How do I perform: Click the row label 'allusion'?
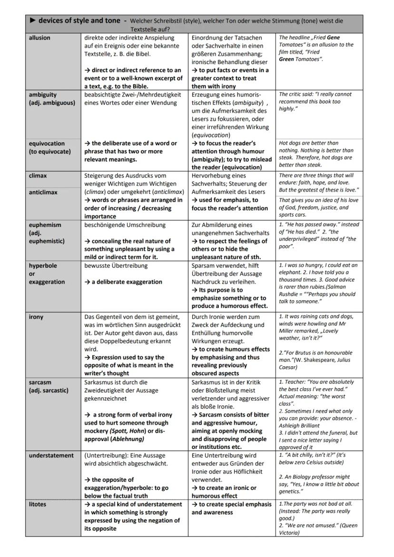[x=39, y=38]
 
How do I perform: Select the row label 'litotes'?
[x=39, y=504]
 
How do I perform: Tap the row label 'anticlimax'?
[x=43, y=192]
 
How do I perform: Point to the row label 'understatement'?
[x=51, y=455]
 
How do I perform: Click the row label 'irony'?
[x=36, y=317]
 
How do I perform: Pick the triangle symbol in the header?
[x=32, y=21]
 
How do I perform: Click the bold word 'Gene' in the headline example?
[x=333, y=37]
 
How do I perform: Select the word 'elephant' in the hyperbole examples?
[x=293, y=273]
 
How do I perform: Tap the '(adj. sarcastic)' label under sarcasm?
[x=49, y=391]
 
